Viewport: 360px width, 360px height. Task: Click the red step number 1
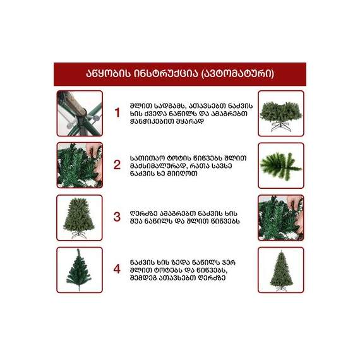(117, 112)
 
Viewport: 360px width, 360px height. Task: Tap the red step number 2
(117, 165)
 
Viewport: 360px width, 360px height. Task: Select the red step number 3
(117, 217)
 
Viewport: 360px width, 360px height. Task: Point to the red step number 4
(117, 269)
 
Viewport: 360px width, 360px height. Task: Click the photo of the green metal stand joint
(80, 114)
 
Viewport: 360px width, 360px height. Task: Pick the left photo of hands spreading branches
(80, 165)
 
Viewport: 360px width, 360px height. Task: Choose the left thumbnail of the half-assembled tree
(80, 218)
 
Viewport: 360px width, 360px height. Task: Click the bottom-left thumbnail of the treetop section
(80, 270)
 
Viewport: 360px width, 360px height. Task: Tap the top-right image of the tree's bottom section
(281, 114)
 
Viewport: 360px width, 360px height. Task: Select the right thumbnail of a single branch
(281, 165)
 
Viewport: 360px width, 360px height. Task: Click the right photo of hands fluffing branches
(281, 218)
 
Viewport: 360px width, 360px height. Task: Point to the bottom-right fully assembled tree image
(281, 270)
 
